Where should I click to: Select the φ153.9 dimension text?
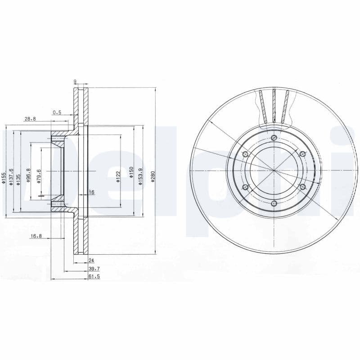pos(140,174)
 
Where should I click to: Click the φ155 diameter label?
pos(4,178)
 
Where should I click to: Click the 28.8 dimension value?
pos(30,119)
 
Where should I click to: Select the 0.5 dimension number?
pos(57,112)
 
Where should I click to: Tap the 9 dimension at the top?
pos(75,81)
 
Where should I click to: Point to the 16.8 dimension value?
pos(36,235)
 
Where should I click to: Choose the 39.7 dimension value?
pos(94,269)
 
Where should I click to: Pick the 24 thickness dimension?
pos(91,260)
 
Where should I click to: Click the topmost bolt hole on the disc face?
pos(274,138)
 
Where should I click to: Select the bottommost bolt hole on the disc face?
pos(274,203)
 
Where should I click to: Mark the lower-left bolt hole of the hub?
pos(245,187)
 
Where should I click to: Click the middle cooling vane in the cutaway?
pos(274,106)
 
